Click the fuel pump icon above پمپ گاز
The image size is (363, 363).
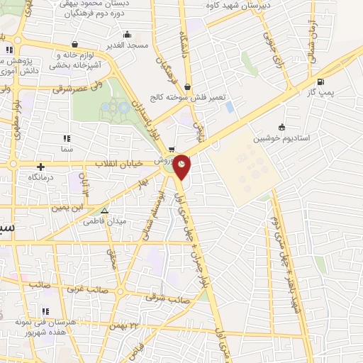[322, 82]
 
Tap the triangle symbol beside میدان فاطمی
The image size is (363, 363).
[105, 210]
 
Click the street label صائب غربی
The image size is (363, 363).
[83, 289]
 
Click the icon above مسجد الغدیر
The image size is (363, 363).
[127, 34]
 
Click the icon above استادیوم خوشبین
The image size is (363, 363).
[281, 127]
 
